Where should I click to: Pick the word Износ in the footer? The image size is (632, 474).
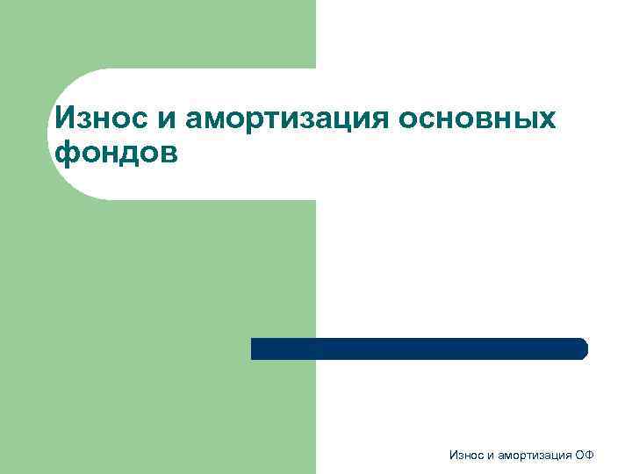(465, 455)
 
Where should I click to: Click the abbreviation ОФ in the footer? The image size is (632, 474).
(585, 455)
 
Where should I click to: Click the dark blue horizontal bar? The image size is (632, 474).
(419, 348)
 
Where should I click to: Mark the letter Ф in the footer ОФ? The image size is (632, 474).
(590, 455)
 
